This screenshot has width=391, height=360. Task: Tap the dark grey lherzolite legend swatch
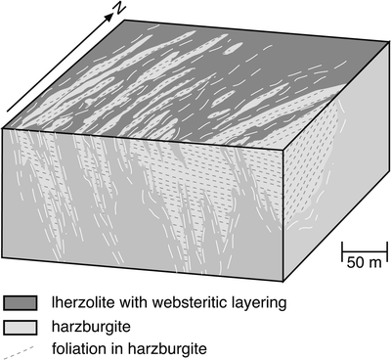click(x=22, y=302)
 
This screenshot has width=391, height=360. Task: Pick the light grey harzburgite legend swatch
click(x=22, y=325)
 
